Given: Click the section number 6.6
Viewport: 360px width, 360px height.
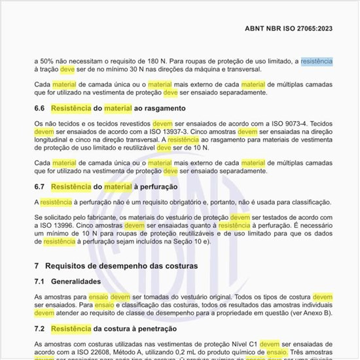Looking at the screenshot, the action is (x=39, y=108).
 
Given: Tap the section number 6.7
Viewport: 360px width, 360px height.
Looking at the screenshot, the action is (x=39, y=187).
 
